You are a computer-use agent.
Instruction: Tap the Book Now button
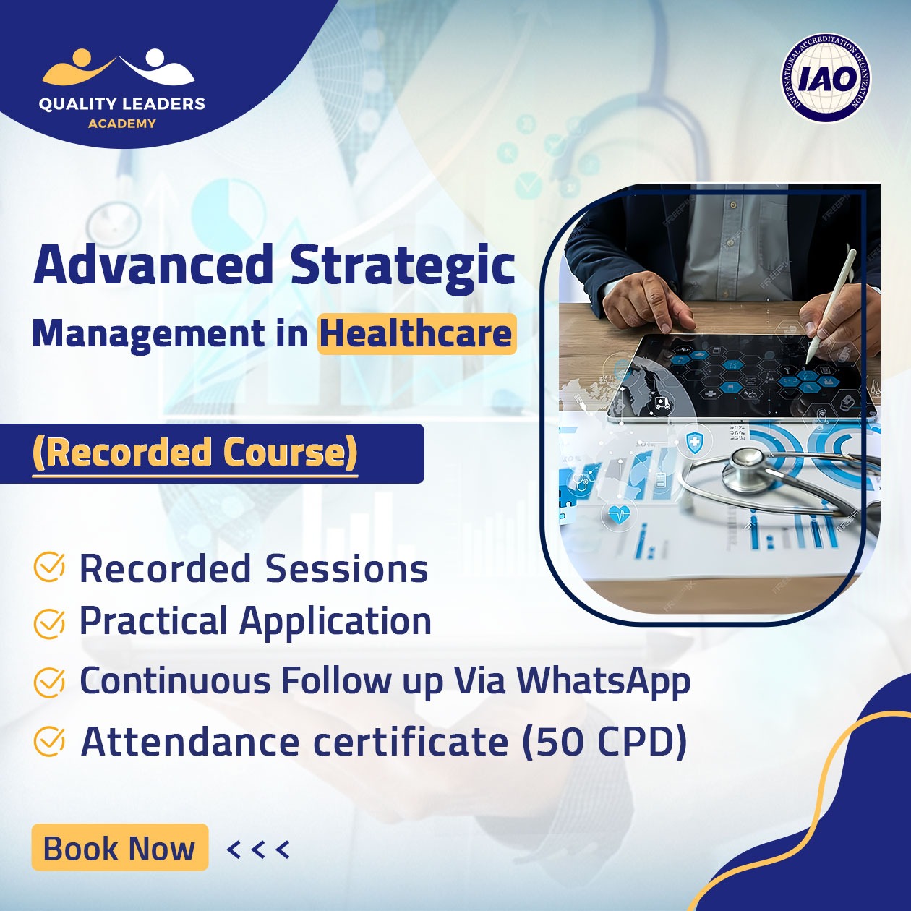tap(119, 847)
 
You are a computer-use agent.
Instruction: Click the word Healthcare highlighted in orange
tap(416, 334)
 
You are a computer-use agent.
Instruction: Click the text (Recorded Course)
tap(195, 453)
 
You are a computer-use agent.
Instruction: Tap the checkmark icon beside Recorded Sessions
tap(49, 567)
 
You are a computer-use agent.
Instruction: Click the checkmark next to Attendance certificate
tap(49, 742)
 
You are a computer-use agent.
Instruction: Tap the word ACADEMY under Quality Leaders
tap(122, 124)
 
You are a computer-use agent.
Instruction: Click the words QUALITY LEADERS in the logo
tap(122, 103)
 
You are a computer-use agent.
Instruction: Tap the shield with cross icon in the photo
tap(693, 442)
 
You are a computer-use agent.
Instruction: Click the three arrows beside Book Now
tap(258, 850)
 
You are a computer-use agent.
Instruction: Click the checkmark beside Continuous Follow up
tap(49, 683)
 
